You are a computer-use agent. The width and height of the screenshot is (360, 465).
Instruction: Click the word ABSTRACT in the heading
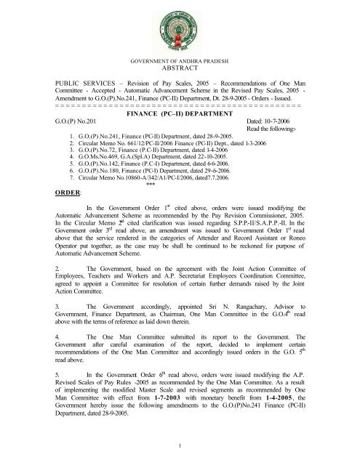click(x=180, y=70)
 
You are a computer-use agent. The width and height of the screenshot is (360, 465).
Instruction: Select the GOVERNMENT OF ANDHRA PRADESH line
click(x=180, y=61)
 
